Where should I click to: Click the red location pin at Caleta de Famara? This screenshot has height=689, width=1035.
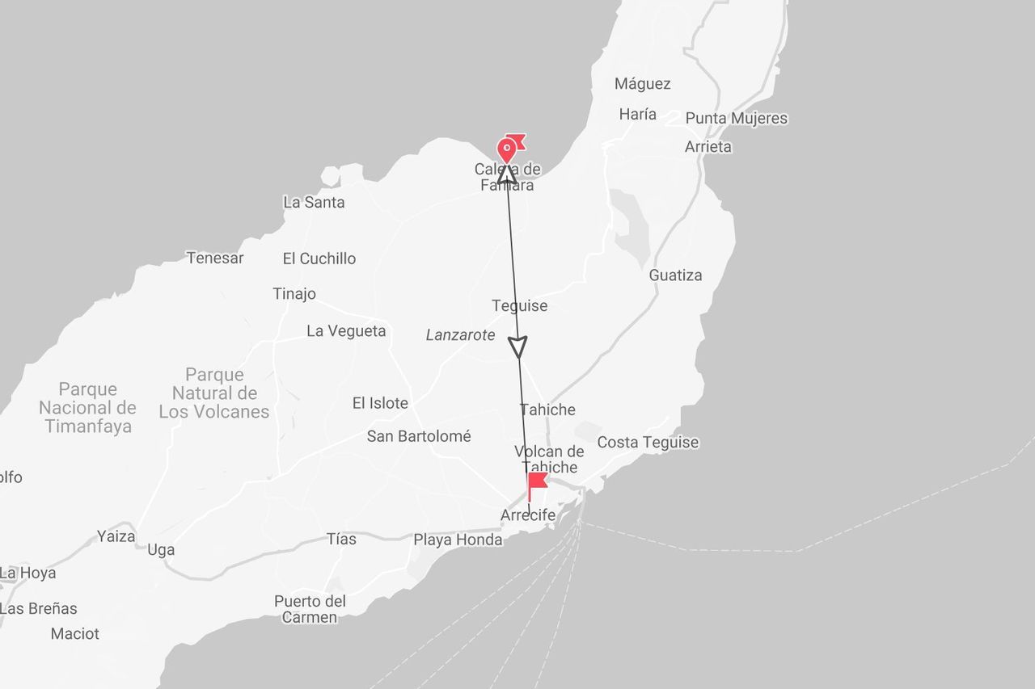507,149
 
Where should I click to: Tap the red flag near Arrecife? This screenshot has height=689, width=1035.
536,483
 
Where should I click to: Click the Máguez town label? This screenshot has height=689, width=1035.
642,84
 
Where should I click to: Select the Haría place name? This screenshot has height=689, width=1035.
637,114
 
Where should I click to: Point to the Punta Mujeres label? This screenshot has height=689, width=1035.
736,119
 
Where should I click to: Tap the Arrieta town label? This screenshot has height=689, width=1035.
708,147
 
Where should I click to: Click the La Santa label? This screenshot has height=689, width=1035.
314,203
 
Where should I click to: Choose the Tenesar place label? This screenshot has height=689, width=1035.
214,258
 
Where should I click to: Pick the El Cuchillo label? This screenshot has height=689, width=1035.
319,259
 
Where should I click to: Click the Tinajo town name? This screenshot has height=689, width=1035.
294,294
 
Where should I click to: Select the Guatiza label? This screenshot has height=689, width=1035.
675,275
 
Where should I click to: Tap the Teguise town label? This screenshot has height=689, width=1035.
519,306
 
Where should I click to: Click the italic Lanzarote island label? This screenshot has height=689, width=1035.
460,335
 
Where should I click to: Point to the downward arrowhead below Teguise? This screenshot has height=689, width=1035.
518,347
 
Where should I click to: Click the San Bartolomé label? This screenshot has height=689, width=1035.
418,436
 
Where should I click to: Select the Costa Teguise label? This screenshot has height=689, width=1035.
647,443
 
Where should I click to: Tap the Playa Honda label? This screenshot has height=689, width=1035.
458,540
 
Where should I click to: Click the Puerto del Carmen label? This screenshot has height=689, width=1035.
310,609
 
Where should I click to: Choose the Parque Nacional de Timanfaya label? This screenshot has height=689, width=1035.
87,408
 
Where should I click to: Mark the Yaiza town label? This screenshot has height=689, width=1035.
116,536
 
